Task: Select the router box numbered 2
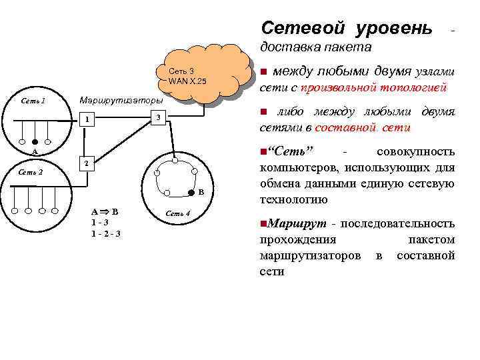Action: click(x=85, y=163)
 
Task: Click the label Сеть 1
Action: click(x=33, y=101)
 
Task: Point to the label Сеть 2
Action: click(x=32, y=172)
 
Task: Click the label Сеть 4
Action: click(x=178, y=213)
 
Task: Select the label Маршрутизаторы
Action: click(x=121, y=101)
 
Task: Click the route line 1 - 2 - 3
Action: click(x=105, y=234)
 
